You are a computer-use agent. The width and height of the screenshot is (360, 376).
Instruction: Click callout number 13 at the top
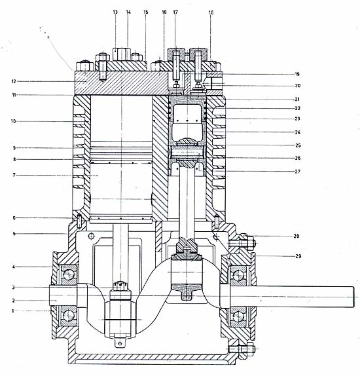coord(115,12)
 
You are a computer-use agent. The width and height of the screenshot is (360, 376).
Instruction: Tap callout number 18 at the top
coord(211,12)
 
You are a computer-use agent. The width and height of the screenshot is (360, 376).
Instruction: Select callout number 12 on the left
coord(14,81)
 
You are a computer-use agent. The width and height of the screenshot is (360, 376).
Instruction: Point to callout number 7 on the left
coord(14,176)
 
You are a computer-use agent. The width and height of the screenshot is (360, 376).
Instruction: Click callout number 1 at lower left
coord(13,311)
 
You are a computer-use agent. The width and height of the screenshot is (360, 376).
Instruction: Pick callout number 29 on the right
coord(298,256)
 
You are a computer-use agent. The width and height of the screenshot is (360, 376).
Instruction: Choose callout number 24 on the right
coord(298,132)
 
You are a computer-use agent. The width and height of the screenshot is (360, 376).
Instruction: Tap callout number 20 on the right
coord(298,86)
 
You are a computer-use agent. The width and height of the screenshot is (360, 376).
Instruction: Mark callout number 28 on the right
coord(297,236)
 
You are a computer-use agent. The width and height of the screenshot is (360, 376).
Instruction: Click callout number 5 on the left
coord(14,234)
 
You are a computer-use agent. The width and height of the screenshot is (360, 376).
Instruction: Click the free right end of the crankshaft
coord(354,297)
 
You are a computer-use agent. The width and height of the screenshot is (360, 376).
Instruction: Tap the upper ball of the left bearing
coord(69,275)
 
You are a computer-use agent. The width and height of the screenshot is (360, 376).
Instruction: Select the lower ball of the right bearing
coord(238,316)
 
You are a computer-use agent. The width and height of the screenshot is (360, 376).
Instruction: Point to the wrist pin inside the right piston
coord(187,152)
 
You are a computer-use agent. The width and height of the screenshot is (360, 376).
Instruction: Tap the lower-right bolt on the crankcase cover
coord(250,348)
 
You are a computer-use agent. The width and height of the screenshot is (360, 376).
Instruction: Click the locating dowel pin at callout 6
coord(79,221)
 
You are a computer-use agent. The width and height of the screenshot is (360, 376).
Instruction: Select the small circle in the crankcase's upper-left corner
coord(92,236)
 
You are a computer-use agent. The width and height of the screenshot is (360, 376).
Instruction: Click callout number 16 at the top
coord(164,12)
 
